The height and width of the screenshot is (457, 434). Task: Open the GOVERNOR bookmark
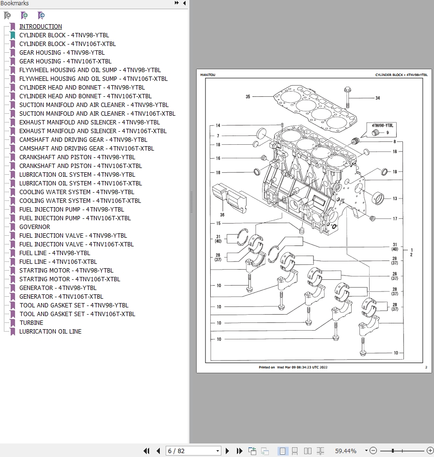tap(34, 227)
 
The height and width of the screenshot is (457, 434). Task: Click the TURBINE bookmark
tap(31, 322)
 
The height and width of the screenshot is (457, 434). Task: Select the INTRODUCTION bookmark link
tap(41, 27)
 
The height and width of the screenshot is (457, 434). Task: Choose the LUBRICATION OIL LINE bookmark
tap(50, 332)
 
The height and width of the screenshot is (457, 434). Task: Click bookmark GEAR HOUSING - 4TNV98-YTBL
tap(62, 52)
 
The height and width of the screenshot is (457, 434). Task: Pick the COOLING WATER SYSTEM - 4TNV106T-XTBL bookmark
tap(80, 201)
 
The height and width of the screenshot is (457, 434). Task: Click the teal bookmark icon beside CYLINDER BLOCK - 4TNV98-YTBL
tap(13, 35)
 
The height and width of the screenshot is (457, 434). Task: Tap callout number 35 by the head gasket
tap(248, 96)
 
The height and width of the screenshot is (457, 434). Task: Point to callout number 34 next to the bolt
tap(378, 98)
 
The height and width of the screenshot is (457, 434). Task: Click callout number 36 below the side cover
tap(222, 215)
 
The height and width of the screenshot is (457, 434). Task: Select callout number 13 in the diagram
tap(395, 198)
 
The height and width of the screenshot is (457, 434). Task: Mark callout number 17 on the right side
tap(395, 219)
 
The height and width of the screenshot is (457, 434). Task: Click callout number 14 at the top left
tap(218, 125)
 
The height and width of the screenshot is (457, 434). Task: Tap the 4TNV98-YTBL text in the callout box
tap(382, 125)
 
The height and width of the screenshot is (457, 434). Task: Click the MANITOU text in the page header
tap(208, 75)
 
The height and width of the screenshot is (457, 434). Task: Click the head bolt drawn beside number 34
tap(347, 97)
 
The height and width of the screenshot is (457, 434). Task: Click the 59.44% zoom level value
tap(346, 451)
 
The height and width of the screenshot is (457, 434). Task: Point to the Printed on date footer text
tap(293, 367)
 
